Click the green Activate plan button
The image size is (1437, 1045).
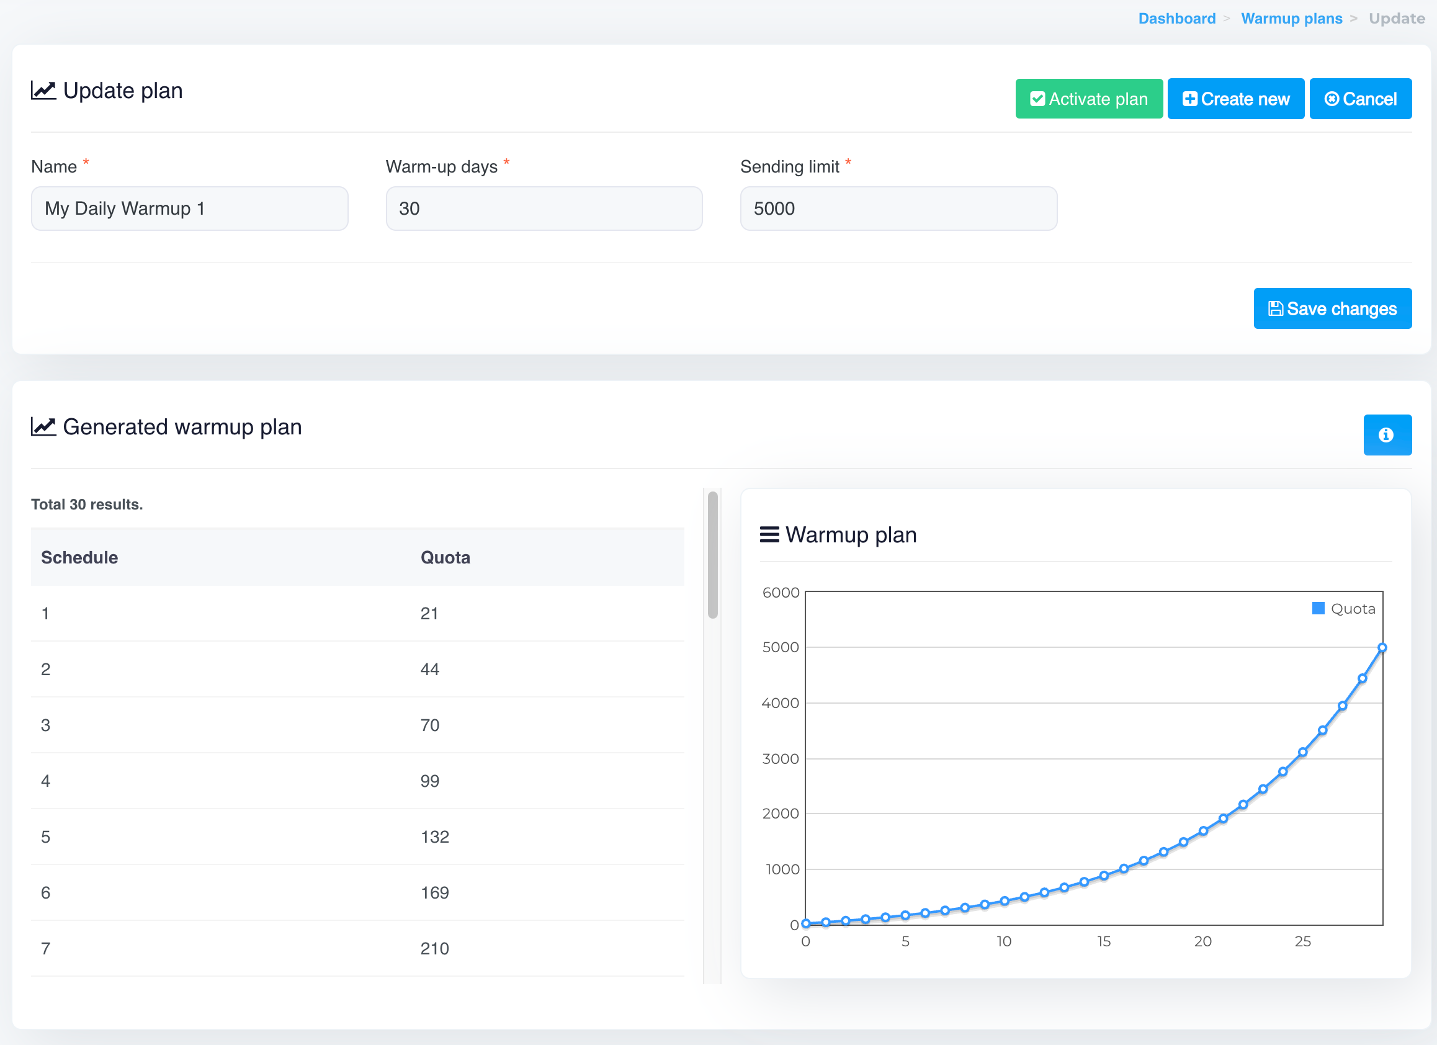1088,99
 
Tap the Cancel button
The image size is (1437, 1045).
1359,99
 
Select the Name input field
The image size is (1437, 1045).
189,209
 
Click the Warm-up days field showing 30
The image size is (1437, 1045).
544,209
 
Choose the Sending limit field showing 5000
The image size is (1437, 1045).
898,209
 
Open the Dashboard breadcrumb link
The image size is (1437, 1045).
1176,19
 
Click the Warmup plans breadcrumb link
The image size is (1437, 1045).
1291,19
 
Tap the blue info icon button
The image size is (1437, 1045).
1387,435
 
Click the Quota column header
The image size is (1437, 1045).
445,558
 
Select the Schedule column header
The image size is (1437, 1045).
79,558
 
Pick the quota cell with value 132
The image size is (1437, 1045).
435,837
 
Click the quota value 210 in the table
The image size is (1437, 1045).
435,949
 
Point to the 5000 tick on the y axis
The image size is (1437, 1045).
781,647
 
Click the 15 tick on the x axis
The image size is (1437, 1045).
1104,942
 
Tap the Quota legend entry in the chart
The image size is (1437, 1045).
1344,609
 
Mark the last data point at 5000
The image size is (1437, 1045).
1382,648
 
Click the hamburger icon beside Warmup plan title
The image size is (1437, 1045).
769,535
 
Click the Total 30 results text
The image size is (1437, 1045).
87,505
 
